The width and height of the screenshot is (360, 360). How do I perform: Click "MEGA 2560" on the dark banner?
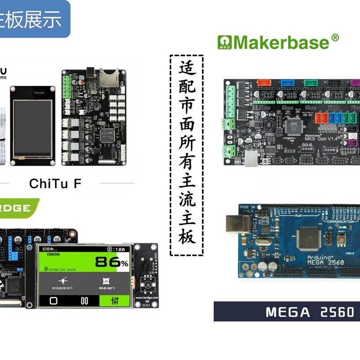[x=310, y=312]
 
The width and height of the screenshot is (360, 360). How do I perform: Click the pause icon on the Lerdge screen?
[x=84, y=301]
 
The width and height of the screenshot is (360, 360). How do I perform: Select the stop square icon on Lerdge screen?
[x=53, y=301]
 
